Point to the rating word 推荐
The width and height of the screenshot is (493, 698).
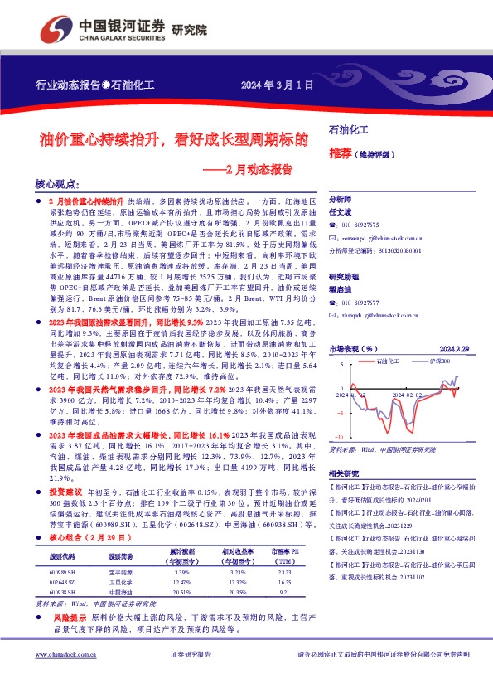[340, 153]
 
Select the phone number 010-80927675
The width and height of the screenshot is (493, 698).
[360, 225]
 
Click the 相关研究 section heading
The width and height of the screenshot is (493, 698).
[344, 473]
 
